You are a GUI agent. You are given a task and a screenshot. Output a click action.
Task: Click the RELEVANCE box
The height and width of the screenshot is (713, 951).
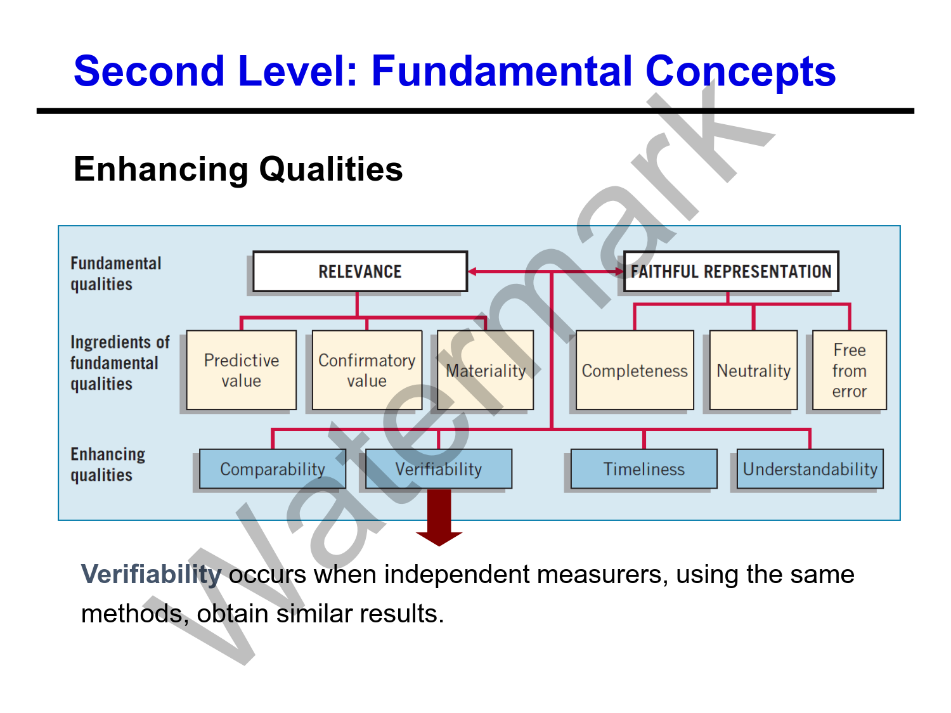(359, 271)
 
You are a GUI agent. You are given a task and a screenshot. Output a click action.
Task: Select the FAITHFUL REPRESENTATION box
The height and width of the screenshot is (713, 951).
(730, 271)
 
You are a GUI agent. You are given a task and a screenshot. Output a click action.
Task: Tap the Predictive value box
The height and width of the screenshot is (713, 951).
(241, 370)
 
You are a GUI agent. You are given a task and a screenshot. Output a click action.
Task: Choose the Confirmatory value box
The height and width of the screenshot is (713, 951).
(366, 370)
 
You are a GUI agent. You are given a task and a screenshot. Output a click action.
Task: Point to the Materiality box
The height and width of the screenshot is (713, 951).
(486, 370)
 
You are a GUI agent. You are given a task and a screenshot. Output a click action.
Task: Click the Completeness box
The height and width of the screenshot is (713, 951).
(635, 370)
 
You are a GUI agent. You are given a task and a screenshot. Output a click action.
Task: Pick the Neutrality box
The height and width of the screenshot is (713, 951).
(753, 370)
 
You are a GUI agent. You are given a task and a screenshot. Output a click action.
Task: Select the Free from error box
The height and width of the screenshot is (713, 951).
(849, 370)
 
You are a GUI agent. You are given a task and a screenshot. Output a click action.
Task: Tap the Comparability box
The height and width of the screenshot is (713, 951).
(272, 469)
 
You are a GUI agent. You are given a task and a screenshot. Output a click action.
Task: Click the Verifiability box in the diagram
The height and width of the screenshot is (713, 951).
(439, 469)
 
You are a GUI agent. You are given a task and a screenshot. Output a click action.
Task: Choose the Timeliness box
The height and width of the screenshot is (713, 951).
(644, 469)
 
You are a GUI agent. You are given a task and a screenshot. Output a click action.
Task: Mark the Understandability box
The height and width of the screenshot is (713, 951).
(810, 469)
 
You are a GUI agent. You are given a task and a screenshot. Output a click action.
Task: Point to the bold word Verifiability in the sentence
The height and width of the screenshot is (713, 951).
(151, 574)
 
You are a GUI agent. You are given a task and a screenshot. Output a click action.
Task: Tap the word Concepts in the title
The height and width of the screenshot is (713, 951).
(740, 70)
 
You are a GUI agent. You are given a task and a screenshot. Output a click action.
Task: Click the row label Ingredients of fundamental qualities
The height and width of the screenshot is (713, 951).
(119, 363)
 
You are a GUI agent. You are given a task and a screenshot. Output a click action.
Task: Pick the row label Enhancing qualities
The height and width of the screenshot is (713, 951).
(107, 465)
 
